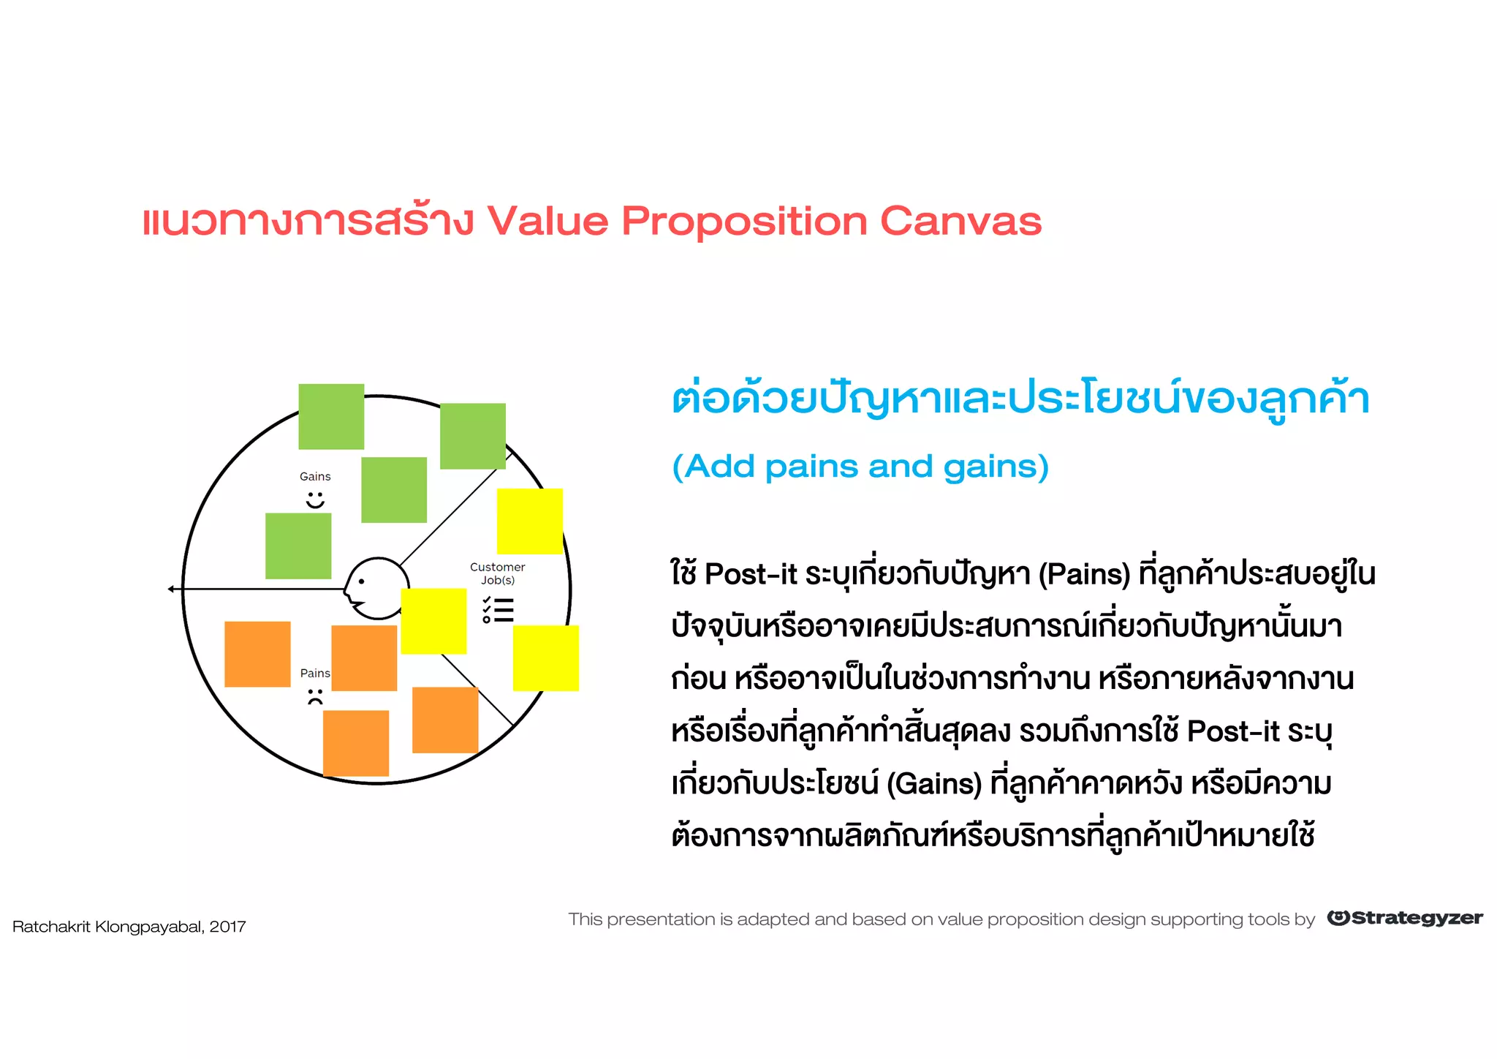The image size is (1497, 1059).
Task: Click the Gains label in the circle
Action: (x=315, y=477)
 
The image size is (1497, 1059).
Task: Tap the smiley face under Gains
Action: (x=315, y=500)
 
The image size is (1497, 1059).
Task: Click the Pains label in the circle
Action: (x=315, y=673)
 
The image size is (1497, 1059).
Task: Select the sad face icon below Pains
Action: (x=315, y=697)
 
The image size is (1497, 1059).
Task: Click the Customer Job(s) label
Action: (x=497, y=573)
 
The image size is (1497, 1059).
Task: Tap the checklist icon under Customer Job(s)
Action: (x=499, y=610)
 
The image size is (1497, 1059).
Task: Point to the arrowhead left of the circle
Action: (x=171, y=589)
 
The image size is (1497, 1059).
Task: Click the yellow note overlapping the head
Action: (x=433, y=621)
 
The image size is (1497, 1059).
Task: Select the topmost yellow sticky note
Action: (x=530, y=521)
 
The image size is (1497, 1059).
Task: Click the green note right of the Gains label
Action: (x=394, y=490)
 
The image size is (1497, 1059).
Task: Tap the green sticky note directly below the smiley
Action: (x=298, y=546)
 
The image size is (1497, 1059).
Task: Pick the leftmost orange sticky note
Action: (x=257, y=654)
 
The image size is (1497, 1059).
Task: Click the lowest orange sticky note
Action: (x=356, y=743)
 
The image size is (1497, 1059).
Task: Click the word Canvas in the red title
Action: (x=960, y=221)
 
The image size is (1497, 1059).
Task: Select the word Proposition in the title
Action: (x=743, y=221)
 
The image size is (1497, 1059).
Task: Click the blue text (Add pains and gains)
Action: (x=860, y=467)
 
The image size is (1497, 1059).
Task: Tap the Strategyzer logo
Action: (x=1404, y=919)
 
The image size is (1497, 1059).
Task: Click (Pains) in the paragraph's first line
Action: (x=1084, y=574)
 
